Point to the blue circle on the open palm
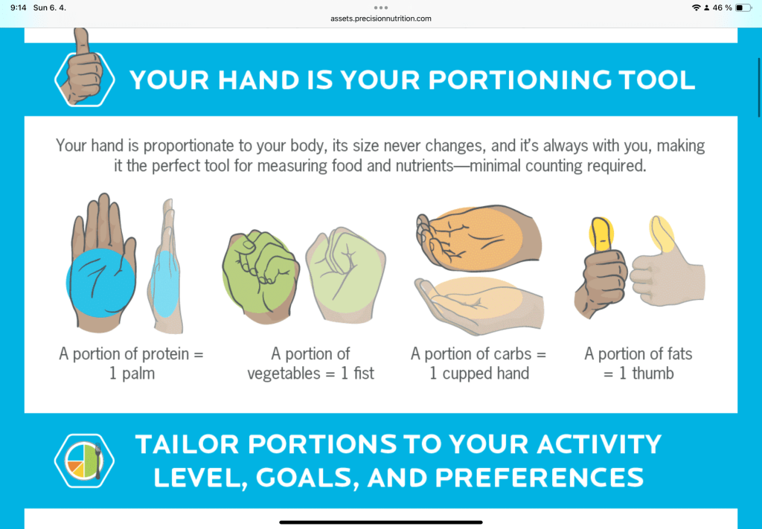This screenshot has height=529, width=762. click(x=100, y=283)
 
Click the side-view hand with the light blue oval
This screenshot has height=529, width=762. click(x=166, y=266)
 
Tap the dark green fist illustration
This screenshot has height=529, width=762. click(x=260, y=276)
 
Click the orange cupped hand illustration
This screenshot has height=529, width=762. click(x=478, y=238)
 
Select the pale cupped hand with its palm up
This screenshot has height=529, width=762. click(x=479, y=305)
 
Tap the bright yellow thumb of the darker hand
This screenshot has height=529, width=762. click(x=601, y=234)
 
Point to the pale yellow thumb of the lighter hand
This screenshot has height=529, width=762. click(x=662, y=234)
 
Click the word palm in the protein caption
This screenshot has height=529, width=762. click(x=138, y=373)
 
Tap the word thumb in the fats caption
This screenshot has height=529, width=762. click(x=653, y=373)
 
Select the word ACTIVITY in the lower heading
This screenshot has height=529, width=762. click(x=599, y=444)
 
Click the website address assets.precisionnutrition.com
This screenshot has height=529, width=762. click(x=381, y=19)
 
